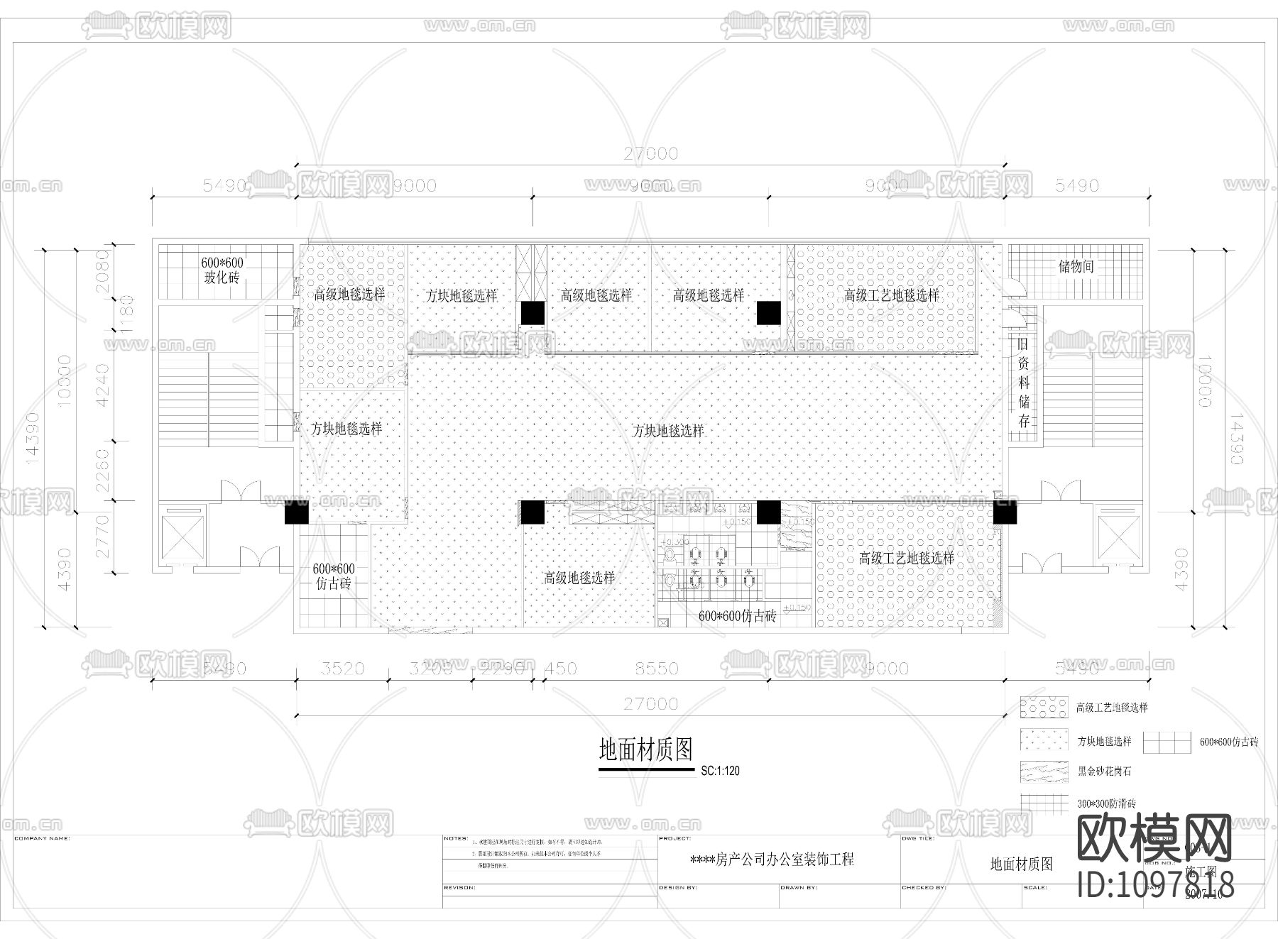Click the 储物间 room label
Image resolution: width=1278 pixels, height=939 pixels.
(1076, 267)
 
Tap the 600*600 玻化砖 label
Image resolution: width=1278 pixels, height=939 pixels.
(222, 270)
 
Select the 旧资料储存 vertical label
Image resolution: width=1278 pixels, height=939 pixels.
(1024, 383)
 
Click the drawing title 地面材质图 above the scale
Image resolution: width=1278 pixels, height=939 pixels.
(646, 749)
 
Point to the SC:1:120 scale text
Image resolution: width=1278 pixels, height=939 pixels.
(720, 771)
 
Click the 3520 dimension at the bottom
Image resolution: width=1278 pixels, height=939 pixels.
(342, 669)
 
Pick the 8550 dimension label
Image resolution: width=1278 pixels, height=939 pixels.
(656, 669)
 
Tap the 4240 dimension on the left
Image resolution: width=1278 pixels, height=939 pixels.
(102, 385)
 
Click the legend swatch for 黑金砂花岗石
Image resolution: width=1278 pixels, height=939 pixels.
(1044, 771)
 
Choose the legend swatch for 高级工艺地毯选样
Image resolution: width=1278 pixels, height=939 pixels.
(1044, 708)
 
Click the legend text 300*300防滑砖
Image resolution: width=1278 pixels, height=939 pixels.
(1106, 804)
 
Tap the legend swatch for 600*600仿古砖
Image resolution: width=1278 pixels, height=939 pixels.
(1167, 742)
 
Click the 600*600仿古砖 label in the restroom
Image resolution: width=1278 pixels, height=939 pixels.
(737, 617)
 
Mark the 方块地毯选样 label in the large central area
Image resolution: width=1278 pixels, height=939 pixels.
(668, 431)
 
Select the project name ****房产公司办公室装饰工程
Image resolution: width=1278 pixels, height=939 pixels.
(772, 860)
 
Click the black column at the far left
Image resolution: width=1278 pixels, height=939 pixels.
(296, 512)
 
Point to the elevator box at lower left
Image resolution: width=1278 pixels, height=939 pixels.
(181, 537)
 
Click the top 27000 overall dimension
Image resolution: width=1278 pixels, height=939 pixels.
(650, 153)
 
